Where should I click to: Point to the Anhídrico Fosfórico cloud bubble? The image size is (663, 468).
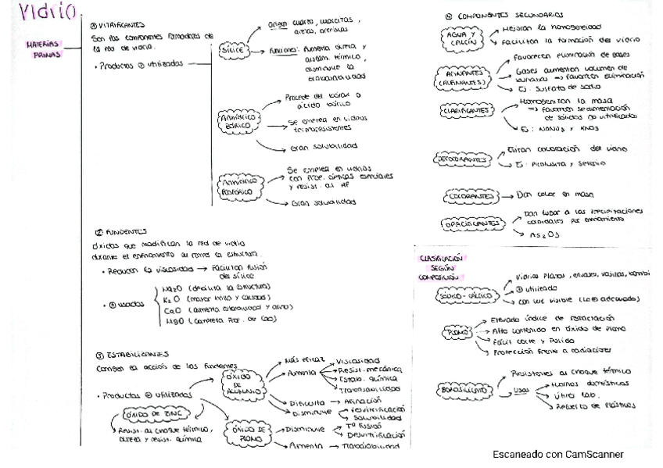pyautogui.click(x=238, y=185)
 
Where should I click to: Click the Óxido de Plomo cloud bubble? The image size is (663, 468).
pyautogui.click(x=244, y=434)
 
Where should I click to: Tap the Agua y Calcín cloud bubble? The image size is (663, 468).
pyautogui.click(x=459, y=38)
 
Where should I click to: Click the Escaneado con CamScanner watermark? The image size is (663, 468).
pyautogui.click(x=557, y=453)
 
